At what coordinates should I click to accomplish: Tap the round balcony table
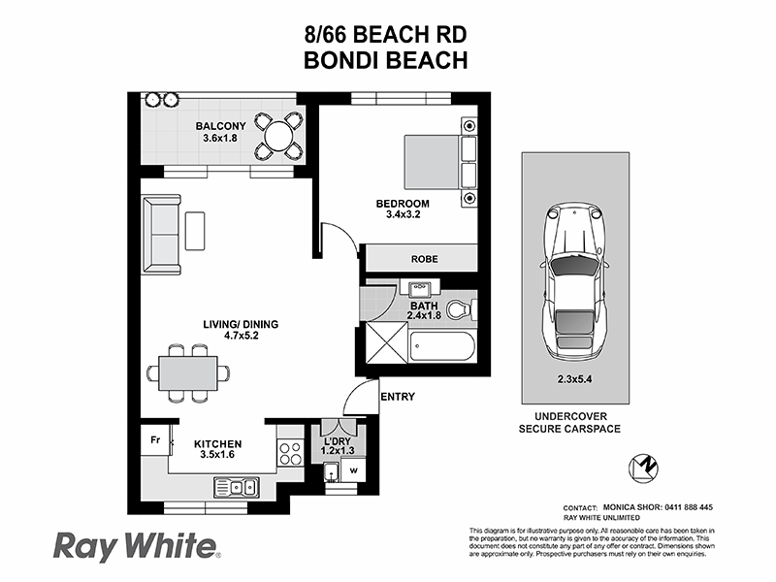(278, 133)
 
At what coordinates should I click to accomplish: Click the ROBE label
(424, 260)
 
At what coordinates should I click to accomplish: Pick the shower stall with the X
(382, 345)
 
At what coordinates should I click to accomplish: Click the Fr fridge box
(154, 439)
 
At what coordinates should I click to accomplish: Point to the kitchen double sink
(236, 486)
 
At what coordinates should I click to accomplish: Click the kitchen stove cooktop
(288, 451)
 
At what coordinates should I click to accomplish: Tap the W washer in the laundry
(352, 472)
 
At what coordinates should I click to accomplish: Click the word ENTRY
(398, 397)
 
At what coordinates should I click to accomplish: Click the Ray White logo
(136, 545)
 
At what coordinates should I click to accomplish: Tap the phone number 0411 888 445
(678, 507)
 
